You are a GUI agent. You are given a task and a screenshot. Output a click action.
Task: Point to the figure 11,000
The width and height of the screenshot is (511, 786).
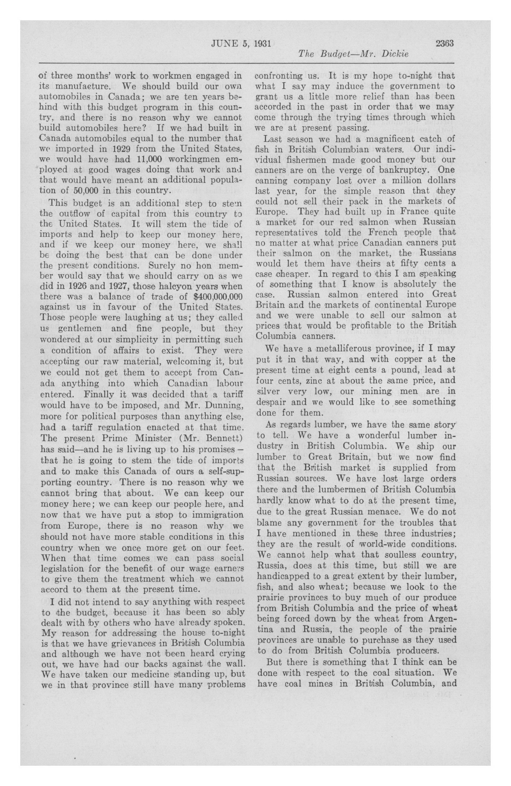149,159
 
